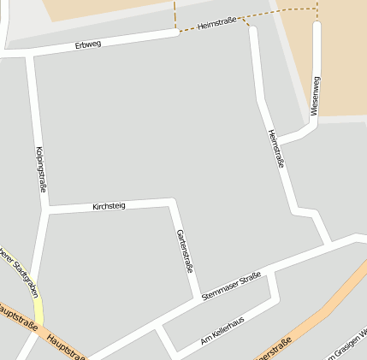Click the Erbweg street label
click(87, 44)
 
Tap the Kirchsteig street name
click(109, 206)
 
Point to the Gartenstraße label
click(184, 251)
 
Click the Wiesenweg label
click(315, 96)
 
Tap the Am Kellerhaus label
click(222, 331)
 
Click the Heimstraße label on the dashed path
click(216, 27)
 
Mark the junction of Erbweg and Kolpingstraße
click(30, 54)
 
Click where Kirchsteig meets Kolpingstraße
click(48, 208)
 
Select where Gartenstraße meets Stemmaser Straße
click(198, 297)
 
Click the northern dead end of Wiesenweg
click(317, 26)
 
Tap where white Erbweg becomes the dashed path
click(177, 32)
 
